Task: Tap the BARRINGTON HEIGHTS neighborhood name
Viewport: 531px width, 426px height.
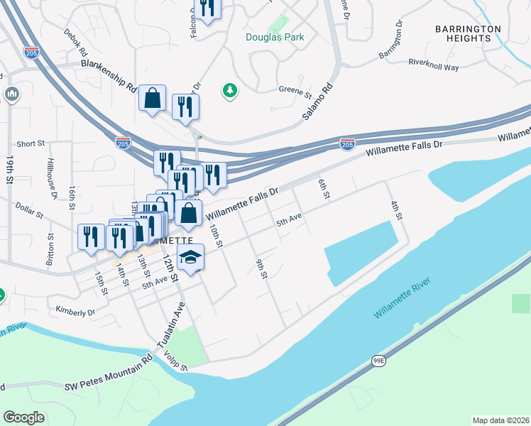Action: click(468, 34)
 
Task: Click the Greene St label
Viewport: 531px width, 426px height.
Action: click(295, 92)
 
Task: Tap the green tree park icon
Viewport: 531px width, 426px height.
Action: click(229, 90)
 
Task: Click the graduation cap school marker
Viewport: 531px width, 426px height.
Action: click(190, 258)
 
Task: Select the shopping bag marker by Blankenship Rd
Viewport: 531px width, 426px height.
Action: click(153, 99)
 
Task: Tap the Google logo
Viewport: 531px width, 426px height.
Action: click(23, 417)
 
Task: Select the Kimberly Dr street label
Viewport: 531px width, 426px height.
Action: click(75, 311)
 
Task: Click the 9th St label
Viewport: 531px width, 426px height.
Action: click(261, 269)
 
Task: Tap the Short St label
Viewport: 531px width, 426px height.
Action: click(31, 144)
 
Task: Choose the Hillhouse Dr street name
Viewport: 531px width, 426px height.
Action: click(52, 183)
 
